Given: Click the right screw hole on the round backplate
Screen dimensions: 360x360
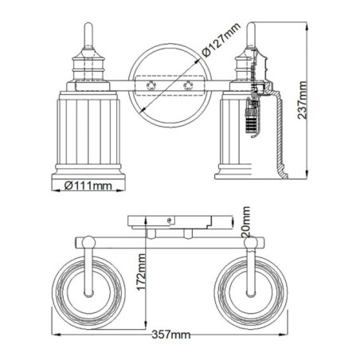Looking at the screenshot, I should pyautogui.click(x=188, y=83).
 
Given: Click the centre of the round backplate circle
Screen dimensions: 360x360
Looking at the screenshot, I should pyautogui.click(x=168, y=83).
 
